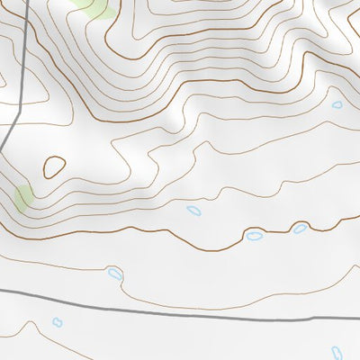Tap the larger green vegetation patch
[x=94, y=8]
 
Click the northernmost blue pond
[x=337, y=105]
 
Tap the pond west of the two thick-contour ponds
[x=193, y=211]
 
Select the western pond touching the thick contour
[x=256, y=237]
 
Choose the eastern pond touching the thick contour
[x=300, y=229]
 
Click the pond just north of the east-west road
[x=114, y=272]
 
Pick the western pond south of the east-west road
[x=58, y=321]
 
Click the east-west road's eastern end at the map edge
[x=358, y=315]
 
